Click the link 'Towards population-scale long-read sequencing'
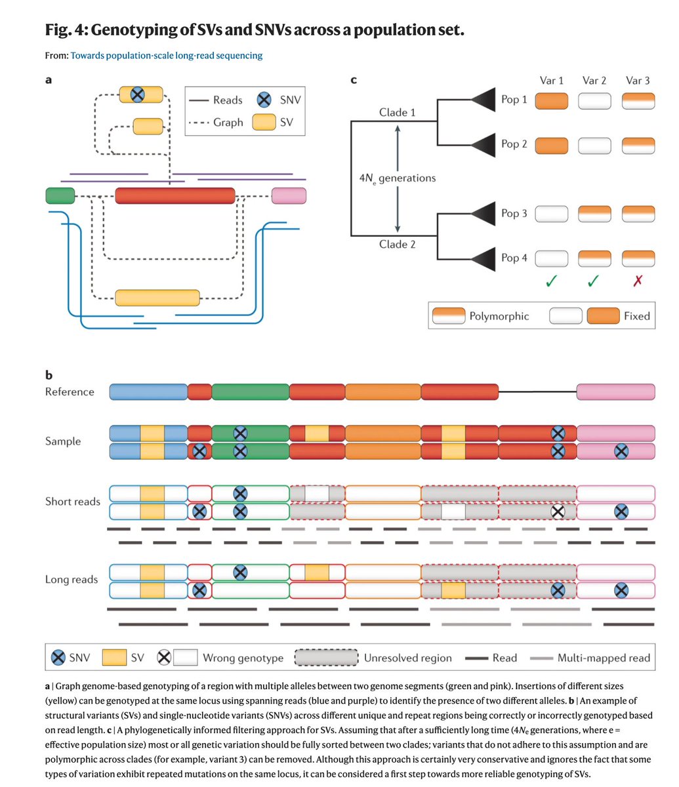pos(167,56)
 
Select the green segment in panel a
pos(60,195)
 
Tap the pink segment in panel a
pos(289,195)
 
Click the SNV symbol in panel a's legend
pos(264,100)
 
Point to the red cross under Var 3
pos(638,281)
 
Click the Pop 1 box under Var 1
pos(552,101)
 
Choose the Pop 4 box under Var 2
pos(594,259)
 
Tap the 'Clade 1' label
pos(397,112)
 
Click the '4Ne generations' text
pos(398,178)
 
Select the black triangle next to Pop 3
pos(484,214)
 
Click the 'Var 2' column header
pos(594,80)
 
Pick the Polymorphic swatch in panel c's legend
pos(449,315)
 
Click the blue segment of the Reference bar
pos(148,392)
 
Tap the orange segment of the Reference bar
pos(383,392)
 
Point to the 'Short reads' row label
pos(73,502)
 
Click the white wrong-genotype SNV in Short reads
pos(558,512)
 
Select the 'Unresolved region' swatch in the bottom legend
pos(326,658)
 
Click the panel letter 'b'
pos(49,375)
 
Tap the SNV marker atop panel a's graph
pos(138,94)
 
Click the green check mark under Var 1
pos(551,281)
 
